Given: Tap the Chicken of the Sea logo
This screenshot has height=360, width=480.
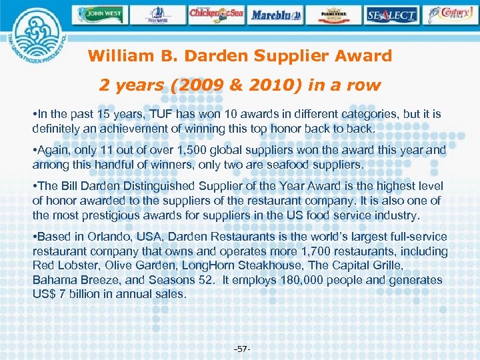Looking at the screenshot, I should coord(217,13).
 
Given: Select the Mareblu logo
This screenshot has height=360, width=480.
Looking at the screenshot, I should coord(276,13).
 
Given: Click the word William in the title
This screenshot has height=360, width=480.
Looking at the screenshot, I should coord(119,56).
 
